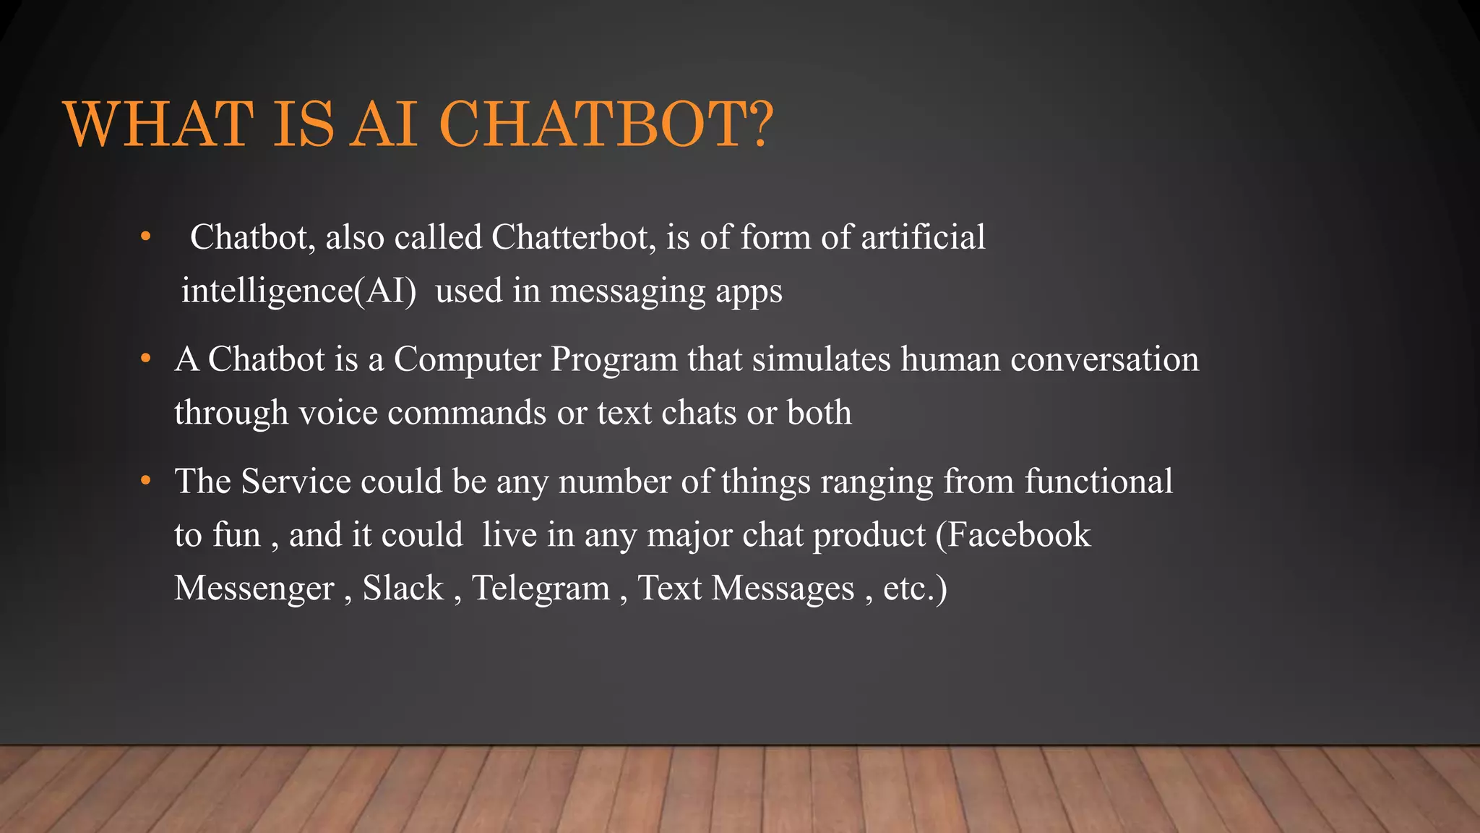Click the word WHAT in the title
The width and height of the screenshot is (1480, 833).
[x=158, y=124]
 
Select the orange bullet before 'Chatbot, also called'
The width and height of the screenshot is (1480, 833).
[x=145, y=236]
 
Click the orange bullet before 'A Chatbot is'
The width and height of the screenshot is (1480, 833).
[x=145, y=359]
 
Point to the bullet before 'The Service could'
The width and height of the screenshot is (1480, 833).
[x=145, y=481]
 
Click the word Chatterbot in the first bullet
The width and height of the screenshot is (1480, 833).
[x=573, y=237]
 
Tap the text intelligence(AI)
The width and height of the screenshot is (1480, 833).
[x=298, y=291]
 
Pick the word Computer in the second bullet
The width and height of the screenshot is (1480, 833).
[x=467, y=359]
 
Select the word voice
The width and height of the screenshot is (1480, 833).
[x=337, y=413]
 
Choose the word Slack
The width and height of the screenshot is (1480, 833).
[x=403, y=588]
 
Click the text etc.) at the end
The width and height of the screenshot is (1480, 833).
[x=914, y=588]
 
